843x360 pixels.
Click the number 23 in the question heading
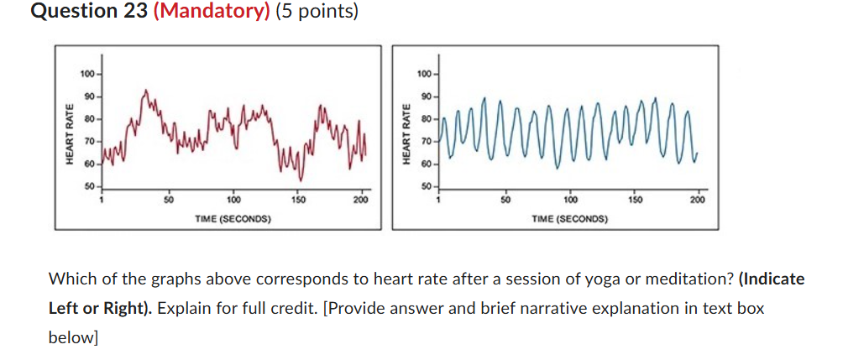131,13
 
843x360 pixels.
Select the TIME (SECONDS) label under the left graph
233,218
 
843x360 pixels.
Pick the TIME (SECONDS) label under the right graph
570,218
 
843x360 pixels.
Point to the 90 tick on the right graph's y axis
426,97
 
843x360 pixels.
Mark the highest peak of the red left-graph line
146,90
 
